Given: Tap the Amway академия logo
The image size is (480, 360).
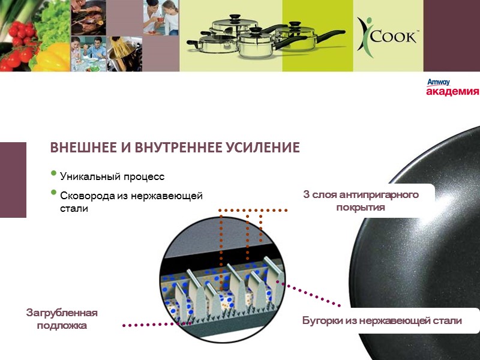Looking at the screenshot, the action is [x=452, y=88].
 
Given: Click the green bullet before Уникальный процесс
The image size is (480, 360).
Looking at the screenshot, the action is [x=55, y=175].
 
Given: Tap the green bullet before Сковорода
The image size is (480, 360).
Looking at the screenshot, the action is [x=55, y=193].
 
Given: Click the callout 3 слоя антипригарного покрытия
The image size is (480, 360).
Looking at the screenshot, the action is [x=361, y=200].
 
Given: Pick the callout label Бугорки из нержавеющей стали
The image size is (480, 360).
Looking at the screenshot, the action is [x=382, y=320].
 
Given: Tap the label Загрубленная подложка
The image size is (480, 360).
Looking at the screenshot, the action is [x=62, y=319].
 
